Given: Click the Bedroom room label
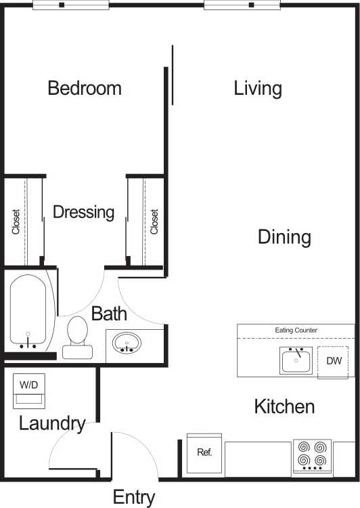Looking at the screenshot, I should click(85, 88).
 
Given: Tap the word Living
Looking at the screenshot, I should click(258, 88).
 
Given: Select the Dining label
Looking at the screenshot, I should click(284, 237).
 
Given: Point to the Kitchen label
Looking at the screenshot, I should click(284, 406).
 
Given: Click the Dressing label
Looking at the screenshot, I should click(83, 212).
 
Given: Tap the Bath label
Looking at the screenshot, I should click(109, 314).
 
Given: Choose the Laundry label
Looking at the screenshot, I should click(52, 424).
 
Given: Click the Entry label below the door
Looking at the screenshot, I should click(134, 496).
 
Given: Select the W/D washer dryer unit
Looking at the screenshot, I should click(28, 391).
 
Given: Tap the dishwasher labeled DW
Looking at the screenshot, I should click(334, 362).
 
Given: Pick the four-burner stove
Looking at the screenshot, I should click(313, 457).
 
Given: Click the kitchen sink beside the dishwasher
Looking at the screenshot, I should click(296, 360).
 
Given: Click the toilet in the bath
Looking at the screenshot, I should click(78, 337).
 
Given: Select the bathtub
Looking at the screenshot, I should click(28, 311).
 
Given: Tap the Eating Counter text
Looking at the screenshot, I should click(296, 331).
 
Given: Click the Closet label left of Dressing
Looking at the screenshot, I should click(16, 221).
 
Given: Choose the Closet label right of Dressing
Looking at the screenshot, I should click(154, 221).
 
